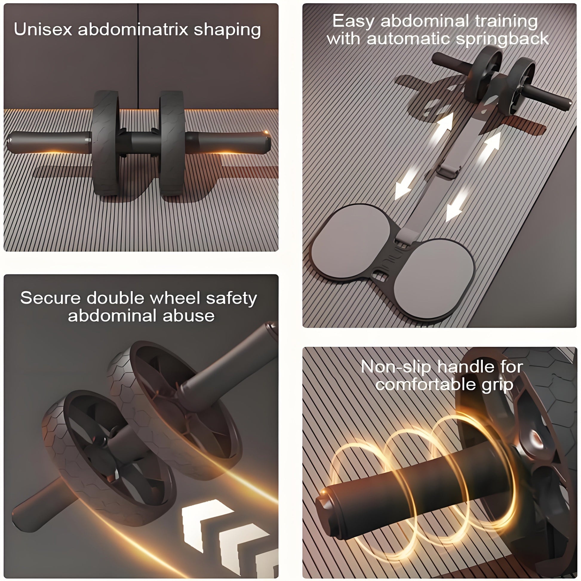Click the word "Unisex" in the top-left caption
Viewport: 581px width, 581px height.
(x=43, y=30)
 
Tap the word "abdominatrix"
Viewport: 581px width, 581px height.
(x=133, y=30)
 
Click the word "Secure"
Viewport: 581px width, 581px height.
(x=50, y=298)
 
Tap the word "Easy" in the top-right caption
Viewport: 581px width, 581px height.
(x=354, y=22)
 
